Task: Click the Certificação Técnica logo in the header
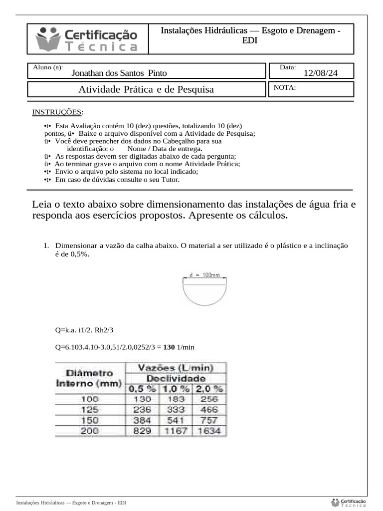click(87, 39)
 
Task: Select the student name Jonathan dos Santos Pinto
click(119, 73)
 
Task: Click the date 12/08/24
click(321, 73)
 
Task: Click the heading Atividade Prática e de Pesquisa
click(146, 90)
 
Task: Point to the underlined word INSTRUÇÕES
click(57, 112)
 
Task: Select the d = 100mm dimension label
click(205, 274)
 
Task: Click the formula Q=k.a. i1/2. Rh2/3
click(88, 330)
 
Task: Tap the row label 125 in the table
click(90, 410)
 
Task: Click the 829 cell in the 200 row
click(142, 431)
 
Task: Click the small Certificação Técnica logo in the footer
click(349, 502)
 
